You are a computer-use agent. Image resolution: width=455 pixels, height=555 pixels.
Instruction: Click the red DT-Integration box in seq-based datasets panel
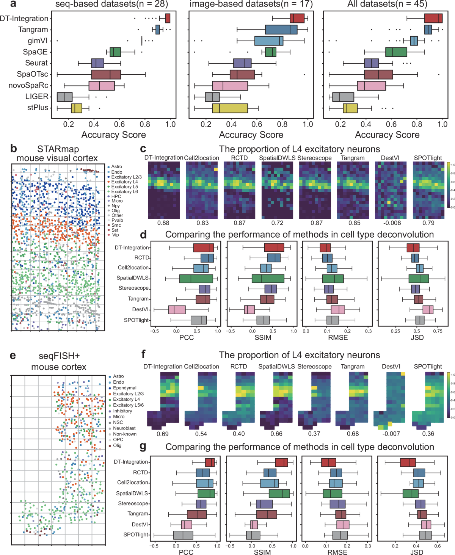[x=168, y=19]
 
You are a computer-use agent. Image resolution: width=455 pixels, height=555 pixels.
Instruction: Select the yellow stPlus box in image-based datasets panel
[x=230, y=108]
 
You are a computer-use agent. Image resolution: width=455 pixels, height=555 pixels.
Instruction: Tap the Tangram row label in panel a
[x=33, y=30]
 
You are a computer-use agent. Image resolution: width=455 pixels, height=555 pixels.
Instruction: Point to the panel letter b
[x=14, y=149]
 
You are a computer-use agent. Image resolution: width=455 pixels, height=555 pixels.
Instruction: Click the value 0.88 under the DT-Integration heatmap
[x=163, y=223]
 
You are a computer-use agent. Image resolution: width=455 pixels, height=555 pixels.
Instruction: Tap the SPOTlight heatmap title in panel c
[x=428, y=158]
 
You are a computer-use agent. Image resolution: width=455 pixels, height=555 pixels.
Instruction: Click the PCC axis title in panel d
[x=186, y=337]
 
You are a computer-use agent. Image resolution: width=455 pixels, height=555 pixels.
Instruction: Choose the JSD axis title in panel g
[x=417, y=552]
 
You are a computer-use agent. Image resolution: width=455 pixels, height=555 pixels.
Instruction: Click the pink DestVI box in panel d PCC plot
[x=177, y=310]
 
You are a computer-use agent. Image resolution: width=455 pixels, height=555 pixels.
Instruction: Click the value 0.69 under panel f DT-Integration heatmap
[x=163, y=434]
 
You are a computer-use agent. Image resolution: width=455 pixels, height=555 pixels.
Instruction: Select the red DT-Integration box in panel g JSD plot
[x=408, y=462]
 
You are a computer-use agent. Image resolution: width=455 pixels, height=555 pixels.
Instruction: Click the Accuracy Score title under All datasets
[x=387, y=135]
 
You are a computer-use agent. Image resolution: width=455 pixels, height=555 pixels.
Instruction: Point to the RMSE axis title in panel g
[x=337, y=552]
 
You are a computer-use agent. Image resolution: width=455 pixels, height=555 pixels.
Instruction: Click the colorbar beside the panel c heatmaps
[x=449, y=185]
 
